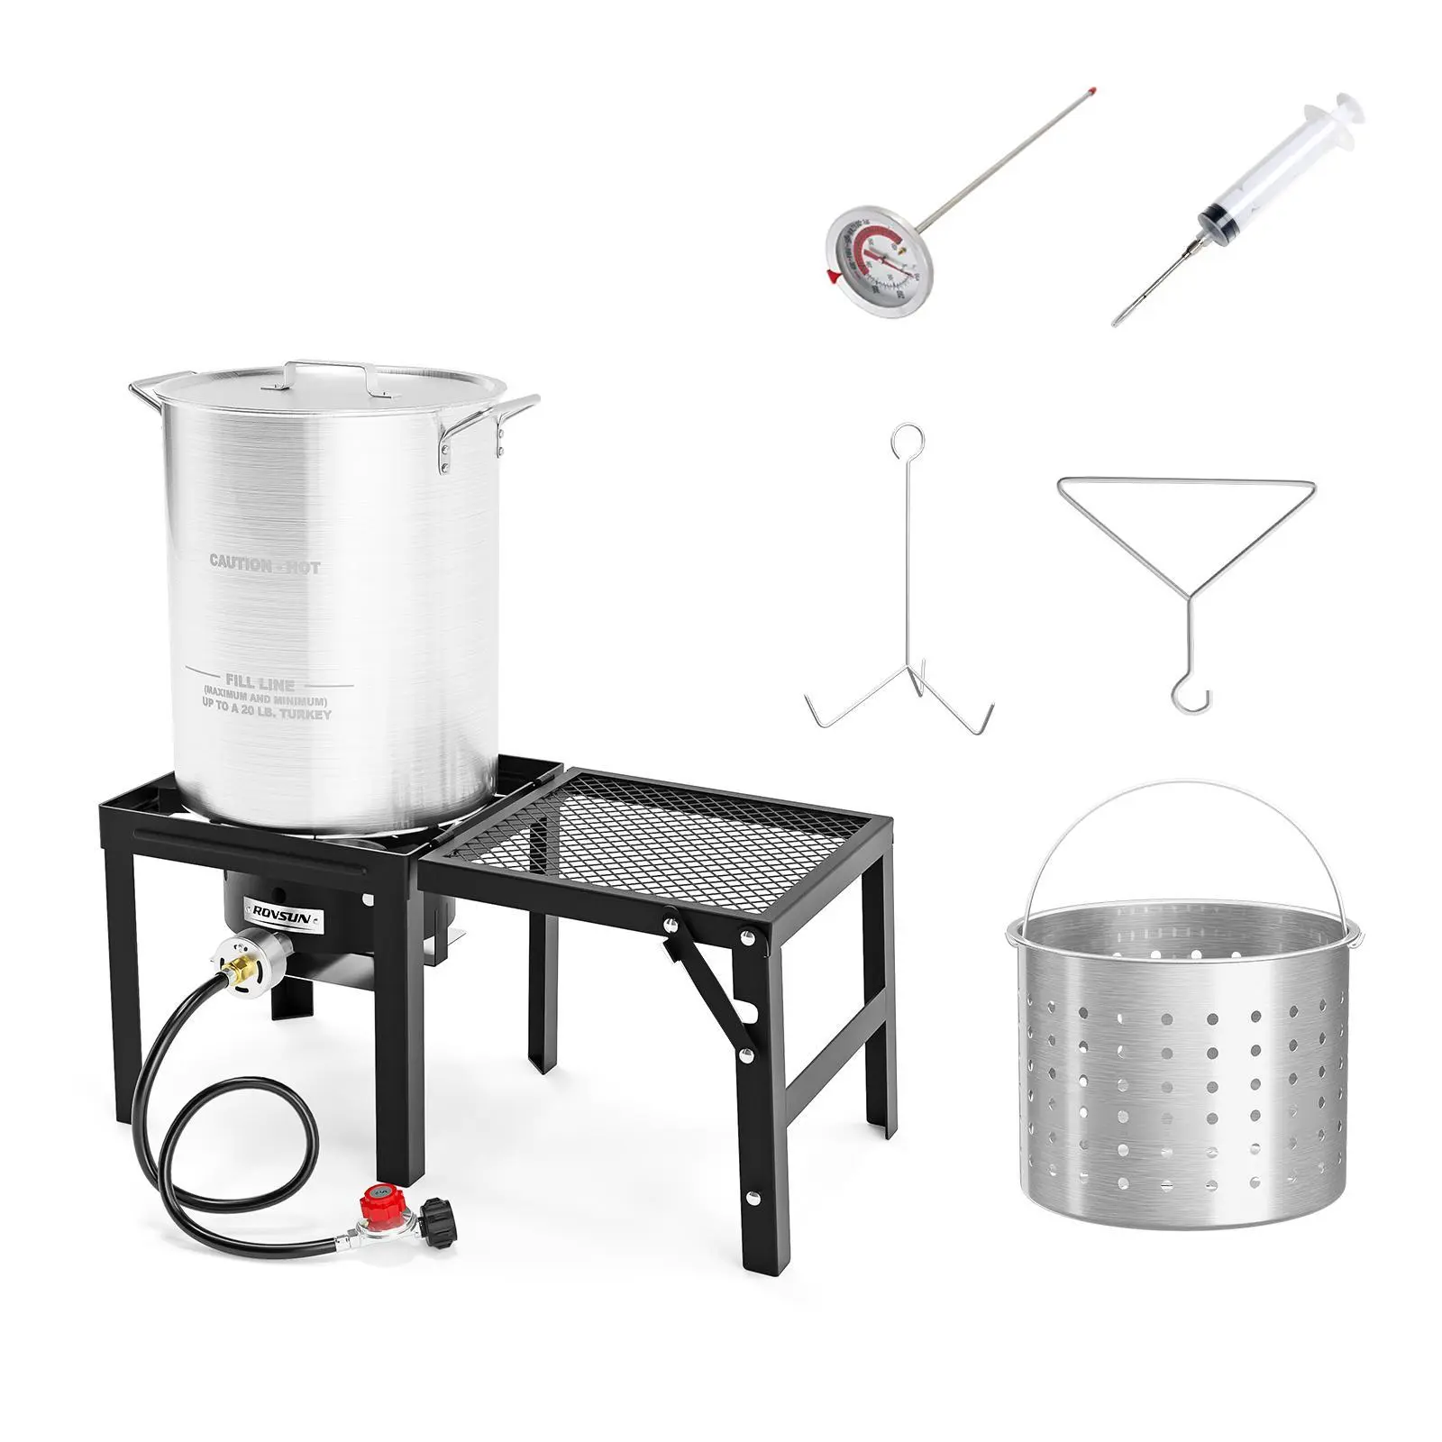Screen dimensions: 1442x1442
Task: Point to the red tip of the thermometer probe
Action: (x=1091, y=92)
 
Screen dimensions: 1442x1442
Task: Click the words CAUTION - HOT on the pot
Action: (x=265, y=564)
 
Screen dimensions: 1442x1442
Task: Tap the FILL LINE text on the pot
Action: (x=260, y=684)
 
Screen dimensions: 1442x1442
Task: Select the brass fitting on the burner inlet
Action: (x=238, y=971)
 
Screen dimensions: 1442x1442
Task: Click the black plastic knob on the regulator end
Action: (x=439, y=1222)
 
